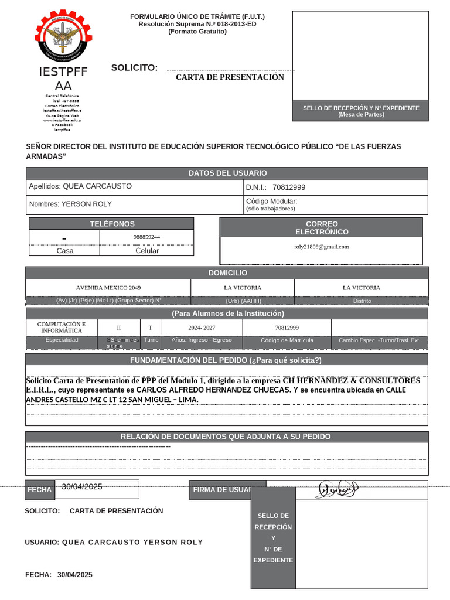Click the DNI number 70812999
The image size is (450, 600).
[x=289, y=187]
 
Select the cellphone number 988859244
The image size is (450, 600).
[x=146, y=237]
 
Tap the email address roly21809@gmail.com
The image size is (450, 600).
[x=321, y=247]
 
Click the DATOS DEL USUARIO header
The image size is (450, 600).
[x=227, y=173]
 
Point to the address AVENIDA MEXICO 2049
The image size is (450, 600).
[x=108, y=288]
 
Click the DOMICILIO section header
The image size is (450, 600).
[x=227, y=273]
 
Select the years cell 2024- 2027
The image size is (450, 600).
[x=201, y=328]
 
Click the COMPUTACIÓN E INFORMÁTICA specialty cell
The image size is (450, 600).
[x=62, y=327]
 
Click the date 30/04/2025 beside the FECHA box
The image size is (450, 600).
[x=82, y=487]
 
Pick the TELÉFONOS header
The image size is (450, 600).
[x=111, y=224]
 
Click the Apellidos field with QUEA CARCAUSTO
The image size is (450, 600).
[x=80, y=186]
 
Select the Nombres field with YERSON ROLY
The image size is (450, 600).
[x=70, y=204]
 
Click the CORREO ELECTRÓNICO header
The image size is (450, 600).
[x=321, y=227]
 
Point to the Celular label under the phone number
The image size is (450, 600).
[x=147, y=251]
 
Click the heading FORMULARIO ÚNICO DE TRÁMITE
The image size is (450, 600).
[x=197, y=16]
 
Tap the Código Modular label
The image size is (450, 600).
[x=271, y=201]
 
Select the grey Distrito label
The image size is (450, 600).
[x=362, y=301]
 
